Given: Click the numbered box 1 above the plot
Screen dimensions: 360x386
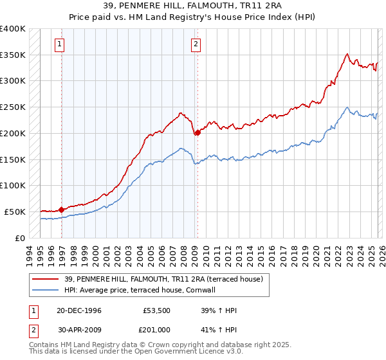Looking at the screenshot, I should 59,44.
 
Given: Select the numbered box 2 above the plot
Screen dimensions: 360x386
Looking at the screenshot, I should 195,44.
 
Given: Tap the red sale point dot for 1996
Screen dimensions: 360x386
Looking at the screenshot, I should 62,209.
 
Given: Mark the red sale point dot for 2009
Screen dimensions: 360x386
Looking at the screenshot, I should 197,132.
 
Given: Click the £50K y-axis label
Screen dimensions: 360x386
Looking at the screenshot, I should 15,212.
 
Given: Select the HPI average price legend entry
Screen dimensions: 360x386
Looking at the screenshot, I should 143,291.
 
